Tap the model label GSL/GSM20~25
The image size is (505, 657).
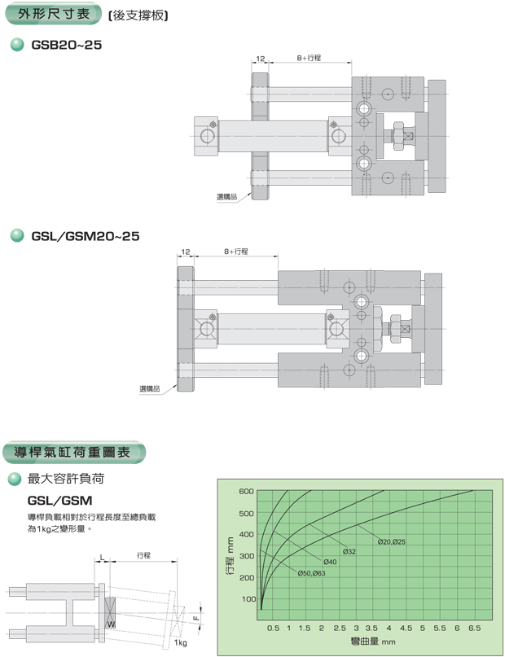click(86, 236)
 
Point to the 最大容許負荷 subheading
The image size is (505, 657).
click(65, 479)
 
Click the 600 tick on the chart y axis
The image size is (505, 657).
click(247, 492)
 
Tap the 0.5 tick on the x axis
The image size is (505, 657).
click(274, 629)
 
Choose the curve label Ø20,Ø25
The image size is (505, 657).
click(392, 542)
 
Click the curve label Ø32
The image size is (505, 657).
click(349, 552)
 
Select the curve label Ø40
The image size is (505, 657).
click(330, 563)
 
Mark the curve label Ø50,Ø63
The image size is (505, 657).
click(311, 574)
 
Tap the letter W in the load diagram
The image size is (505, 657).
click(110, 624)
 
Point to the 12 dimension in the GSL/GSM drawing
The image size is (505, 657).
click(186, 253)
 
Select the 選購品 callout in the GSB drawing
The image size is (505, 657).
click(226, 197)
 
